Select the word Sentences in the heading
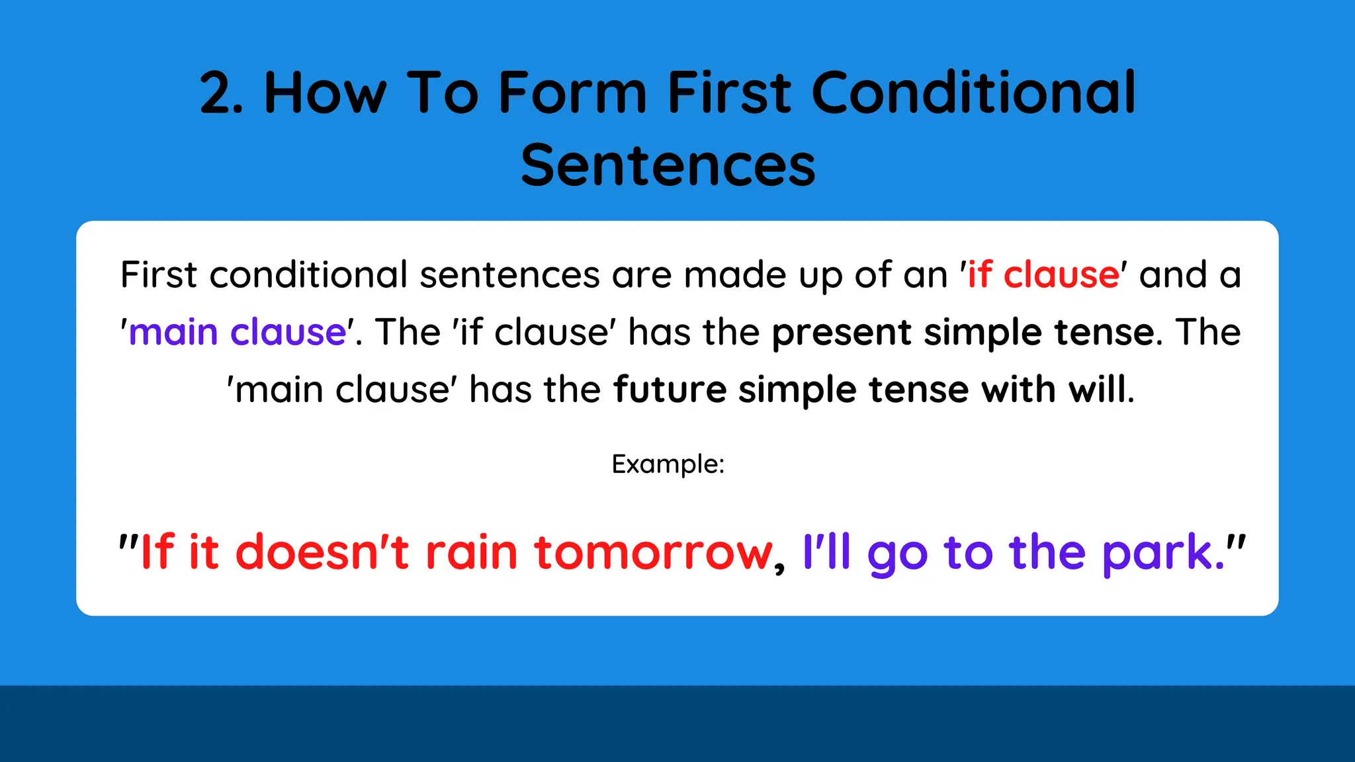pos(668,165)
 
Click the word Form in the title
pos(572,93)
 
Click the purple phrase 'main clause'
pos(238,332)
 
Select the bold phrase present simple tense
pos(963,332)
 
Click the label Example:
pos(668,464)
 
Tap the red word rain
pos(471,552)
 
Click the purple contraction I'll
pos(826,552)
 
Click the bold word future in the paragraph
pos(670,389)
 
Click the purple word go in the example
pos(897,556)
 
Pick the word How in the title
pos(325,93)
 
